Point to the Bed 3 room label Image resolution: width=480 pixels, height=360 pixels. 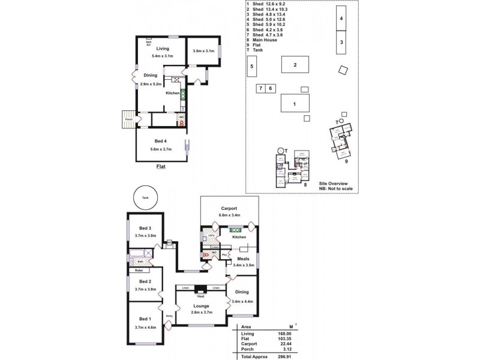tap(145, 228)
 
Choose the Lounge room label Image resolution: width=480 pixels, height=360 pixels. tap(202, 306)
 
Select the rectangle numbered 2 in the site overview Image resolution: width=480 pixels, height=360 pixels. tap(295, 64)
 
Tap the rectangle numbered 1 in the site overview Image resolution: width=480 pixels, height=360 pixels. tap(295, 103)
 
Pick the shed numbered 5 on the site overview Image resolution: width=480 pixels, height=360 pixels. tap(252, 66)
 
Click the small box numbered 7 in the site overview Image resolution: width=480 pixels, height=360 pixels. tap(260, 88)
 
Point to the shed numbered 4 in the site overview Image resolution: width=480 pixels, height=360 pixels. tap(341, 19)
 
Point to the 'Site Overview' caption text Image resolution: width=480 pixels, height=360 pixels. tap(334, 183)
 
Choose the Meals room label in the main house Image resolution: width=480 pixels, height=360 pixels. tap(243, 259)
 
